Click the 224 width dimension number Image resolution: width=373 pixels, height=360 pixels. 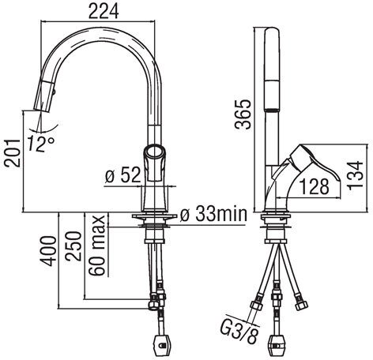104,12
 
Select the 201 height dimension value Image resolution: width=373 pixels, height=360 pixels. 12,153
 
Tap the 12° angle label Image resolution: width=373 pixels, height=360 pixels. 40,144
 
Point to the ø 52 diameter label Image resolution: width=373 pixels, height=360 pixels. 122,175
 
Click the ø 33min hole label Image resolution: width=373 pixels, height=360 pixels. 213,214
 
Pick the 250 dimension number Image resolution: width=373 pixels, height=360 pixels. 73,246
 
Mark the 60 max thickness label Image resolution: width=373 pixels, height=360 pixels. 96,246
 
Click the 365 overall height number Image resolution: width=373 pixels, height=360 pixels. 243,114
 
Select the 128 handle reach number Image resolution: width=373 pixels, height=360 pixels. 315,186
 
